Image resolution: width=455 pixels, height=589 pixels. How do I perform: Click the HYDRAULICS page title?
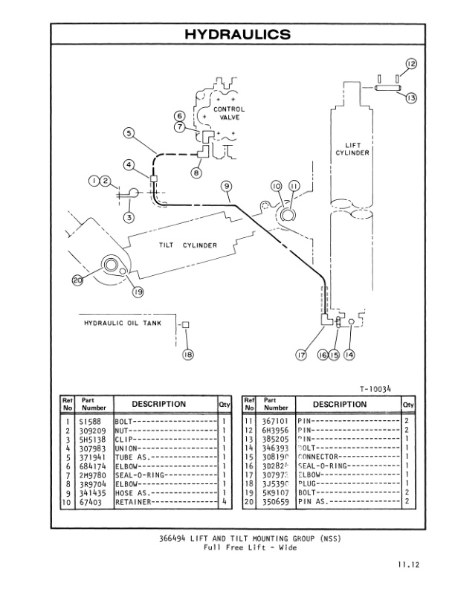click(227, 34)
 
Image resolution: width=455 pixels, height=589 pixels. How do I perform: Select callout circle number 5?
click(129, 134)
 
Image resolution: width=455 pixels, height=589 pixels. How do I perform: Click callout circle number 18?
click(187, 355)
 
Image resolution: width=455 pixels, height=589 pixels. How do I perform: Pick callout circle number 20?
click(79, 280)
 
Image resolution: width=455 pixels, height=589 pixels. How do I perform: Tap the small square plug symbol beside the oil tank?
click(186, 324)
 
